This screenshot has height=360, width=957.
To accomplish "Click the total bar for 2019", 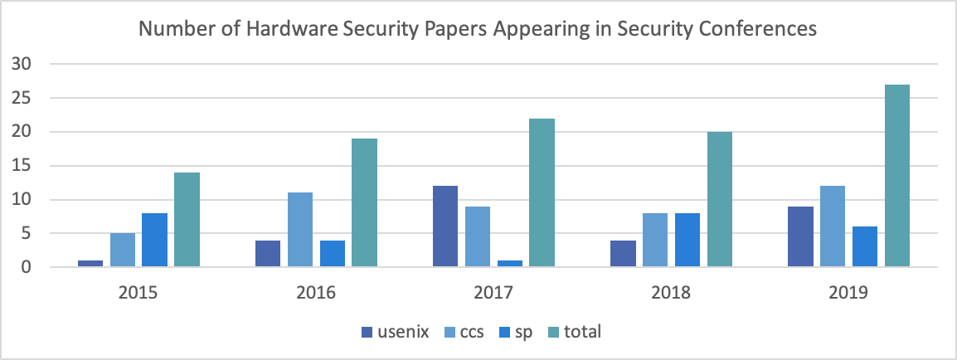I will click(x=897, y=176).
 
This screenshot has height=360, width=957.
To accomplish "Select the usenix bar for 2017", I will click(x=445, y=226).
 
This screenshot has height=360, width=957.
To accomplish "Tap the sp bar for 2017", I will click(x=510, y=264).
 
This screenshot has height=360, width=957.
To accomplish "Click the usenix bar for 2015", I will click(x=90, y=264).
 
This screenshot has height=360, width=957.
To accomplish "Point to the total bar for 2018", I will click(x=720, y=199).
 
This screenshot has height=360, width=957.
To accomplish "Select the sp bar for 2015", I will click(x=154, y=240).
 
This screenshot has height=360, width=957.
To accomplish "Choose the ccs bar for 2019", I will click(x=833, y=226).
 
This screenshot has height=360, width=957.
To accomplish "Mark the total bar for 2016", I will click(x=364, y=202).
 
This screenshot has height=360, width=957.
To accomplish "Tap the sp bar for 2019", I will click(x=865, y=247).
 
